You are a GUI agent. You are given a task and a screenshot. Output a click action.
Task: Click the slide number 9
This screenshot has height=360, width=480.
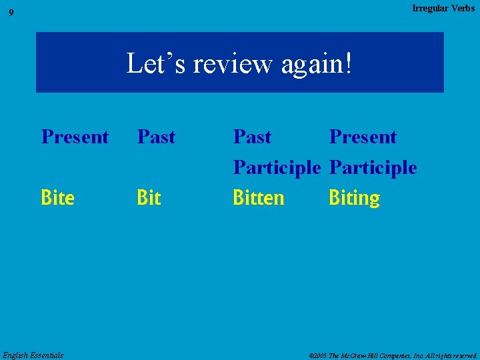coord(11,13)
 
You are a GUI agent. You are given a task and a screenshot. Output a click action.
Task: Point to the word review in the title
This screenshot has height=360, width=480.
coord(227,64)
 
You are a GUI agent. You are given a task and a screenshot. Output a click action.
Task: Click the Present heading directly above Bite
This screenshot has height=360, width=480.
coord(75,137)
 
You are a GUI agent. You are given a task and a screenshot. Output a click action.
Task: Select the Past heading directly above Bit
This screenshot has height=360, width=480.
coord(156,137)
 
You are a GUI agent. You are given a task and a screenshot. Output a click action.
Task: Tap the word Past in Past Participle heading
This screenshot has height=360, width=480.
coord(252,137)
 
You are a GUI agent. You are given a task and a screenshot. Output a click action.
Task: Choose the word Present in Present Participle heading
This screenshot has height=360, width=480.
coord(363,137)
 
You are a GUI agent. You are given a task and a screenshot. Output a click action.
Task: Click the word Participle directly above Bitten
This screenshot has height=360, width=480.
coord(277,167)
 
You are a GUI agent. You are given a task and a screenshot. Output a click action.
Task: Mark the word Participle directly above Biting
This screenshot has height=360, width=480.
coord(373,167)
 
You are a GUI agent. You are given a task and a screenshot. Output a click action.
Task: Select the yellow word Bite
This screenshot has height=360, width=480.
coord(58,198)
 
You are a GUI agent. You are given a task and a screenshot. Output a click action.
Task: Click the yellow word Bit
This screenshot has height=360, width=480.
coord(149,198)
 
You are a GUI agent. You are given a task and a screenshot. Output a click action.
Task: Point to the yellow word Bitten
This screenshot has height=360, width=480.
coord(259,198)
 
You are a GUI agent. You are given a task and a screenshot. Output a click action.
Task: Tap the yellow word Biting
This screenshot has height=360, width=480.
coord(354,198)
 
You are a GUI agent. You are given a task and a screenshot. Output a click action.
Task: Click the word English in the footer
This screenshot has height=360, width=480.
coord(16,355)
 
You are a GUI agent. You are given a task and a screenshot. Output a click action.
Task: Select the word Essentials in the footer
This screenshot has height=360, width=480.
coord(47,355)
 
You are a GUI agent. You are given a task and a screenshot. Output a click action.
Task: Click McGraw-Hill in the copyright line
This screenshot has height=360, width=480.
coord(369,355)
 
